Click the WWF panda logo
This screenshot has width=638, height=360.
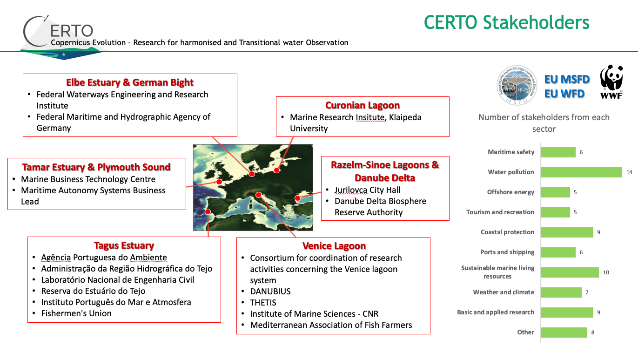(x=611, y=81)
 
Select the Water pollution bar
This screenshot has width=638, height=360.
(x=581, y=172)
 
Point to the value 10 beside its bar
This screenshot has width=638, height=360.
(x=606, y=272)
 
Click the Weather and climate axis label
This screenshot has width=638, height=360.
(x=504, y=292)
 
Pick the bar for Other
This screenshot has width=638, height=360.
(x=564, y=332)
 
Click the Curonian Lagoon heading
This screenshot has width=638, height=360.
(x=363, y=105)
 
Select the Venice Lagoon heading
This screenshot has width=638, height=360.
(x=334, y=246)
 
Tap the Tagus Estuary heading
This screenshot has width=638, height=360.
(x=124, y=245)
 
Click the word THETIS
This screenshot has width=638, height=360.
(x=263, y=303)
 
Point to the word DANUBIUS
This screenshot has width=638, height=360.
(x=270, y=292)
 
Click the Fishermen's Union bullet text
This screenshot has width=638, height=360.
(x=76, y=313)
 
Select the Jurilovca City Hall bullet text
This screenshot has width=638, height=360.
(x=368, y=190)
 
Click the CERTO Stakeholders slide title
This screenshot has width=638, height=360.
(x=506, y=22)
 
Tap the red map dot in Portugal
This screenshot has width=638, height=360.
(x=208, y=211)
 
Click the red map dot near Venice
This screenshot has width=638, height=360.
(x=258, y=195)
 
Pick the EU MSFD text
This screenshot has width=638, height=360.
(x=567, y=80)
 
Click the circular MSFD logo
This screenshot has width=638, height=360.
(x=517, y=84)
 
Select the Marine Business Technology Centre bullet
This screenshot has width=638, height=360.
(x=88, y=179)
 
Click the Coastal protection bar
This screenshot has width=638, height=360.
(x=567, y=232)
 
